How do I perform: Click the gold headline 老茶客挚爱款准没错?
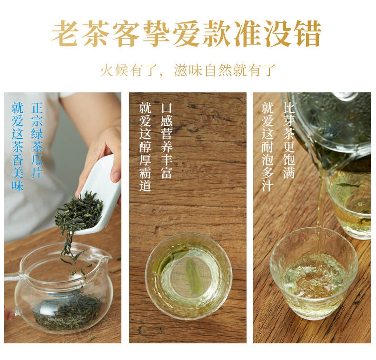(186, 34)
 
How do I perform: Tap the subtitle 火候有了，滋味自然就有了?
(188, 70)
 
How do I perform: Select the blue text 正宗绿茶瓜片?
(37, 140)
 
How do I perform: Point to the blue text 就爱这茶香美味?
(18, 147)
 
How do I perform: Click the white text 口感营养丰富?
(167, 141)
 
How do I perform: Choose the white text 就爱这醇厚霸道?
(145, 147)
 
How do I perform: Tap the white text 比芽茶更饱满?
(289, 140)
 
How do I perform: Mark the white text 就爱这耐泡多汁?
(267, 147)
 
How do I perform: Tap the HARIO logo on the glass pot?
(55, 320)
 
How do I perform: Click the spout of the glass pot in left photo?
(106, 257)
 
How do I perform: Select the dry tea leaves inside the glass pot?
(67, 310)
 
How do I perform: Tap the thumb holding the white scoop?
(116, 173)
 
